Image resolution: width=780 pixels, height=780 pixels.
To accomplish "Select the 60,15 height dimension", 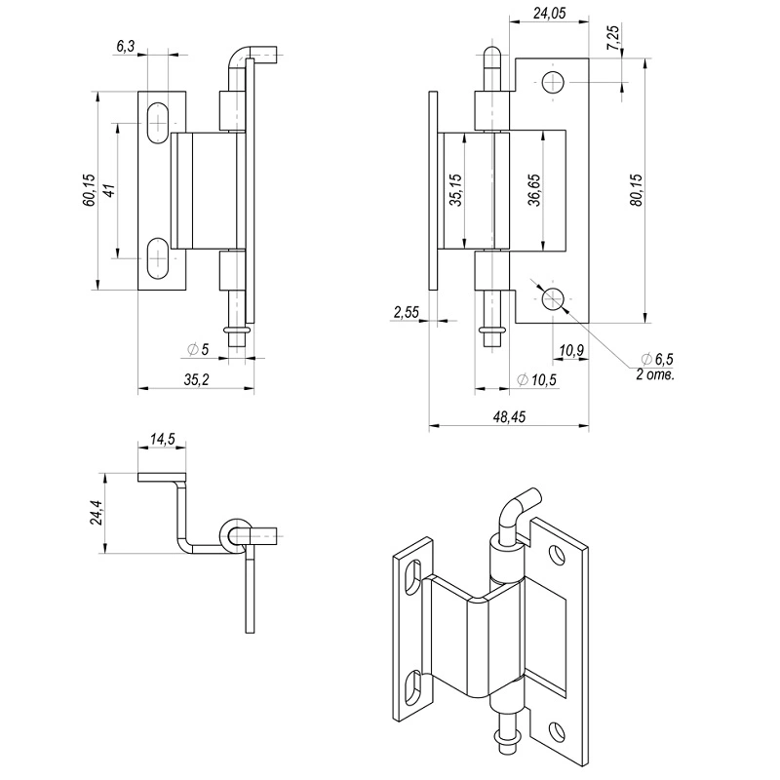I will [89, 190].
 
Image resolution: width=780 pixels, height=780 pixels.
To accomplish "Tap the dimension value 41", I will [109, 191].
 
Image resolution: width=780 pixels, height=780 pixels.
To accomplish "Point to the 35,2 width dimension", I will [196, 379].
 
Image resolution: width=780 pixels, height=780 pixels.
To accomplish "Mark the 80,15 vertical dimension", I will [636, 189].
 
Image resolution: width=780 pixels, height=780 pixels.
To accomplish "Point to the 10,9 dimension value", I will [572, 350].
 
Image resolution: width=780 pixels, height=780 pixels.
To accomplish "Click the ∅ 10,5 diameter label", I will [535, 379].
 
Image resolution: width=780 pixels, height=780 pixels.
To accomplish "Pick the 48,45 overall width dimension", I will [509, 416].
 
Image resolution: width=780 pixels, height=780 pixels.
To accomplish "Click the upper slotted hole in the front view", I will [157, 124].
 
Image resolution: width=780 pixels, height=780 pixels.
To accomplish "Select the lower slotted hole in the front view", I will [157, 258].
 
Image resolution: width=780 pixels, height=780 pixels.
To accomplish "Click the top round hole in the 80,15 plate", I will [554, 82].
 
